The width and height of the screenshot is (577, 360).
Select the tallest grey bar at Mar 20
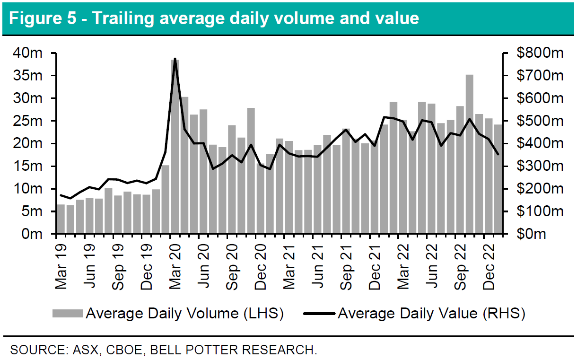click(x=175, y=147)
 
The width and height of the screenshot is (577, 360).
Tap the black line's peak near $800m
click(x=175, y=59)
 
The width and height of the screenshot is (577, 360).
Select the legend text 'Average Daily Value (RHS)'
click(x=431, y=313)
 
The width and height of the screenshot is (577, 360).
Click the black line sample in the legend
click(x=319, y=313)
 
